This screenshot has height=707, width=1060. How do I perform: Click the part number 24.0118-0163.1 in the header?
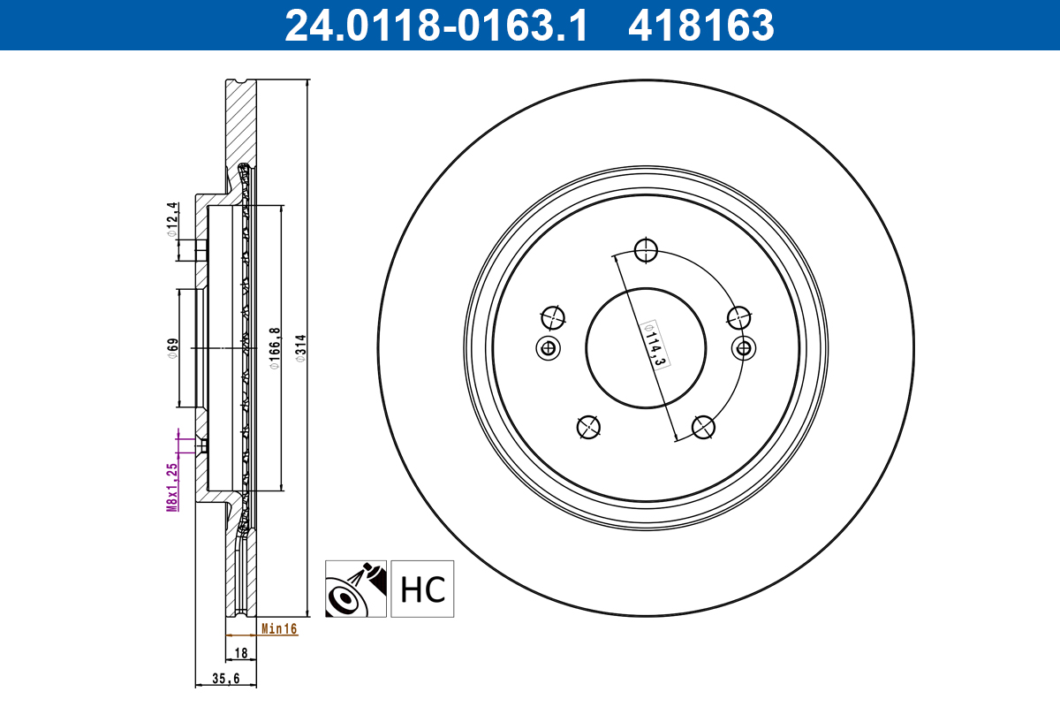point(435,26)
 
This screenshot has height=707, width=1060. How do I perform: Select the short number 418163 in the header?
point(700,26)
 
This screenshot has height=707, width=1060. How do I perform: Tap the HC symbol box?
point(422,589)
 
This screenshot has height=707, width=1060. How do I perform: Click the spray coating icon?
point(356,589)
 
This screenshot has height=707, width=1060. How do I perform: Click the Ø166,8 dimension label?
point(275,347)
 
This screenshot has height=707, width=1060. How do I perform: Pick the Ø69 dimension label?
point(174,346)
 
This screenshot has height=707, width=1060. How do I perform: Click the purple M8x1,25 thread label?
point(173,486)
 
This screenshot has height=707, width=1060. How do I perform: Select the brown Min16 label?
point(279,629)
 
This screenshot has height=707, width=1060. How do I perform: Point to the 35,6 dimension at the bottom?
point(226,679)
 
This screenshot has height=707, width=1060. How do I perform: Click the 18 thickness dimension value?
point(240,654)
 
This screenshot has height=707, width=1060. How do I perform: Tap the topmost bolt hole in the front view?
point(647,250)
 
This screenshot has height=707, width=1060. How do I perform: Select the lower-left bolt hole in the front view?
point(588,428)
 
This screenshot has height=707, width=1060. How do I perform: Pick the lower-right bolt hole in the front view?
point(703,428)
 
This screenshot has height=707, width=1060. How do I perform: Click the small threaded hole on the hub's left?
point(549,347)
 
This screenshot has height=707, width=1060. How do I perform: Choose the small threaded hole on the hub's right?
point(745,347)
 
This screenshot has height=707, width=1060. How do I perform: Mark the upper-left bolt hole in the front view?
point(552,316)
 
